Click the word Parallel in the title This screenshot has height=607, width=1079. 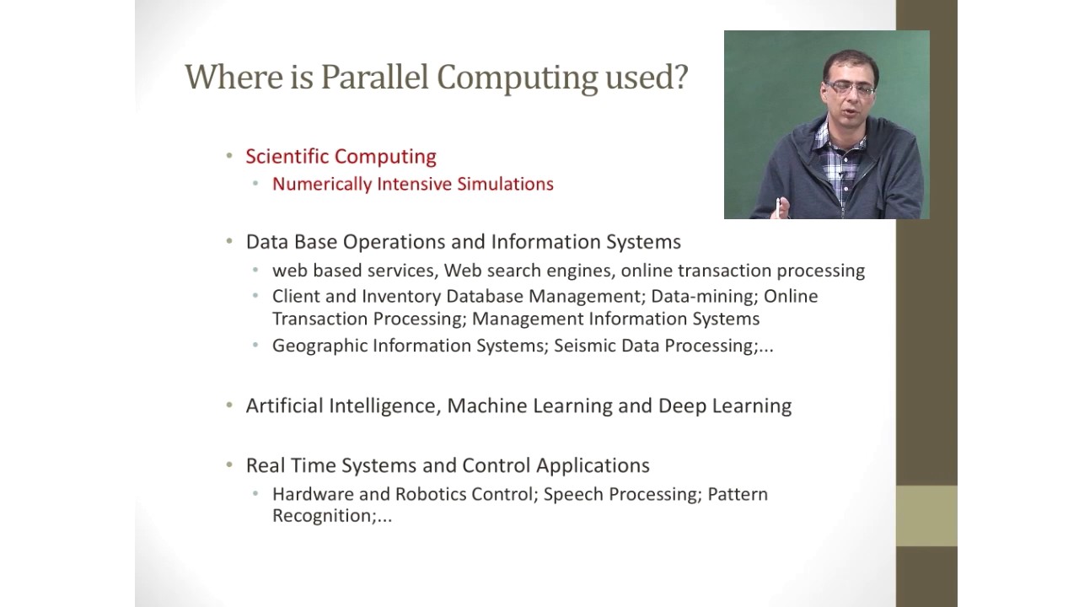pyautogui.click(x=374, y=77)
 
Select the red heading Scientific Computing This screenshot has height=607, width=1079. pyautogui.click(x=341, y=157)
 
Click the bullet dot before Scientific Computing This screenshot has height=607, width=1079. pyautogui.click(x=229, y=156)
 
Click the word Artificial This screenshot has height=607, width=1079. pyautogui.click(x=284, y=406)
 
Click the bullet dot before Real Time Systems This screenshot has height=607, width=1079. pyautogui.click(x=229, y=465)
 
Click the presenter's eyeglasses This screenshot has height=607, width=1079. pyautogui.click(x=851, y=89)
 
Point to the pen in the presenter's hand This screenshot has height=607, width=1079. pyautogui.click(x=777, y=207)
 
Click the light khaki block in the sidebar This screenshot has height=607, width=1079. pyautogui.click(x=926, y=515)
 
